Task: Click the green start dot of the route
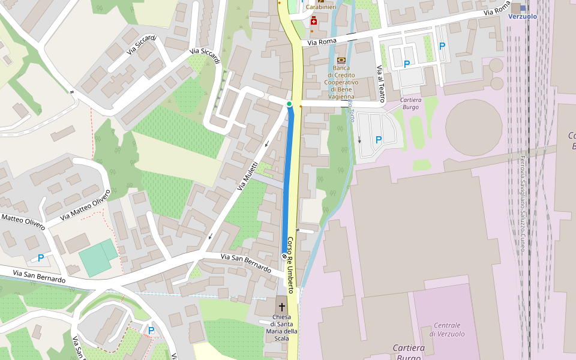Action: tap(289, 104)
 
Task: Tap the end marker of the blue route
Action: tap(284, 256)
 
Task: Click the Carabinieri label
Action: tap(320, 7)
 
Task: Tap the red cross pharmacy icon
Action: tap(314, 22)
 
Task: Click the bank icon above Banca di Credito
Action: tap(341, 60)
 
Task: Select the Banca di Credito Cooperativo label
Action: tap(341, 82)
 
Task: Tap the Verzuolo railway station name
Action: tap(523, 16)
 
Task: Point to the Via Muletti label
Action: tap(247, 176)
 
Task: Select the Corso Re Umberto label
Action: tap(291, 264)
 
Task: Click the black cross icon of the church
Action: tap(282, 307)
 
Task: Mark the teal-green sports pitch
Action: tap(98, 257)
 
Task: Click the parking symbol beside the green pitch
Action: tap(41, 258)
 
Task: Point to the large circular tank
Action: tap(473, 127)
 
